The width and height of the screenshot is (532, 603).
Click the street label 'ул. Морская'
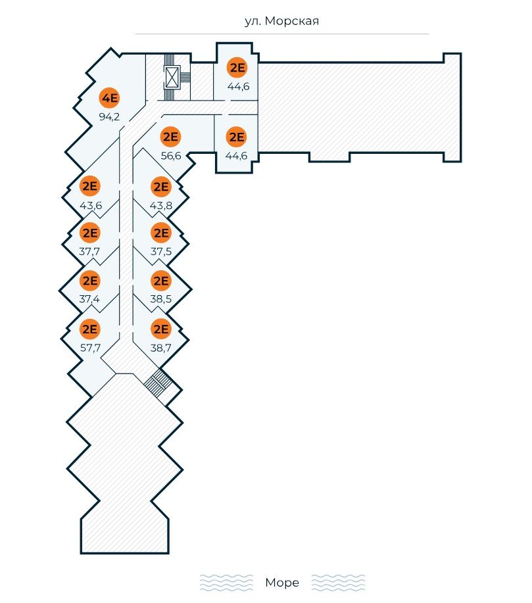[x=281, y=22]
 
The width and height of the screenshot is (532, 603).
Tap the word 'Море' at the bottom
[x=282, y=583]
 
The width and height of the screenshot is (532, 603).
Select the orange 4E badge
[x=109, y=99]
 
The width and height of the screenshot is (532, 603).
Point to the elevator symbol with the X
[x=172, y=77]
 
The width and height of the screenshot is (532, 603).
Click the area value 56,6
[x=171, y=156]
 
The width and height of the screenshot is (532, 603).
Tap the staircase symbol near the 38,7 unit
[x=157, y=383]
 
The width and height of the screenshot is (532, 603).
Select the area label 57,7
[x=89, y=348]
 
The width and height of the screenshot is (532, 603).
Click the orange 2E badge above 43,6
[x=89, y=187]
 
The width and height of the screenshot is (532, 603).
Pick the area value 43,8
[x=160, y=205]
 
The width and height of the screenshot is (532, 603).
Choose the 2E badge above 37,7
[x=89, y=233]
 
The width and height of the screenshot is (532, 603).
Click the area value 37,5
[x=160, y=251]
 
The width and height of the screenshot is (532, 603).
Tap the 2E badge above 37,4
[x=89, y=281]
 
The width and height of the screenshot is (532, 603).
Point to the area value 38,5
[x=160, y=299]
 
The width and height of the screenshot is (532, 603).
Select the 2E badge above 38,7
[x=160, y=329]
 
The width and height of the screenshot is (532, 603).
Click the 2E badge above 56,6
[x=171, y=137]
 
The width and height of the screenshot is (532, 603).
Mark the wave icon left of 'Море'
[x=226, y=583]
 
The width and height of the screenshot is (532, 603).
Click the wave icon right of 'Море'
[x=337, y=583]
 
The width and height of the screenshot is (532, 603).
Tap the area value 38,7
[x=160, y=348]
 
